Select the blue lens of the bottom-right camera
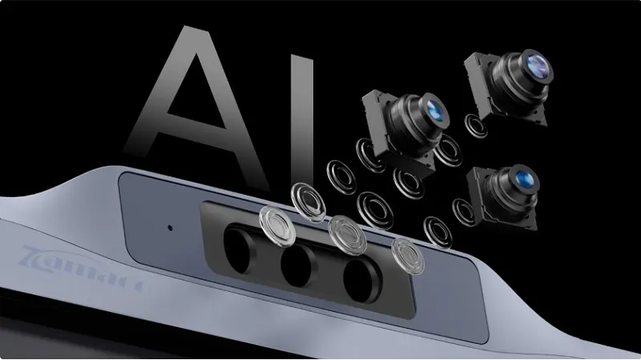[525, 178]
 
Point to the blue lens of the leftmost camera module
[434, 109]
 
